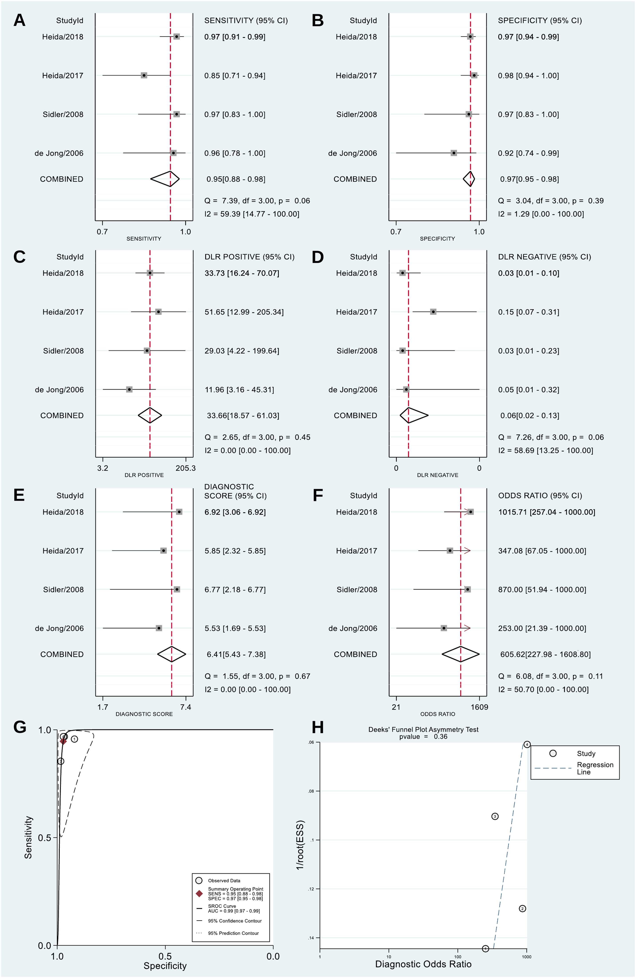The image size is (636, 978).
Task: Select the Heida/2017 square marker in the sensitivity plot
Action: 144,76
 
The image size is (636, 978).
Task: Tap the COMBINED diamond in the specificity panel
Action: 469,179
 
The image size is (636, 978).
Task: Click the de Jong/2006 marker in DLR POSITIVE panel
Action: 129,389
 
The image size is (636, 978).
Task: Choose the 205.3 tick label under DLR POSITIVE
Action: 186,468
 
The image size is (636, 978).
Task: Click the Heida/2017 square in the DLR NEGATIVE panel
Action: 433,312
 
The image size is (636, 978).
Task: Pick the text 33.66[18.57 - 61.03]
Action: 243,415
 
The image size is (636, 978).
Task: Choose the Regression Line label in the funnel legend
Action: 595,768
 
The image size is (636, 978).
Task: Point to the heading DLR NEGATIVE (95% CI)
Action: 544,257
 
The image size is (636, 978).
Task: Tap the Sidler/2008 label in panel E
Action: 63,589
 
